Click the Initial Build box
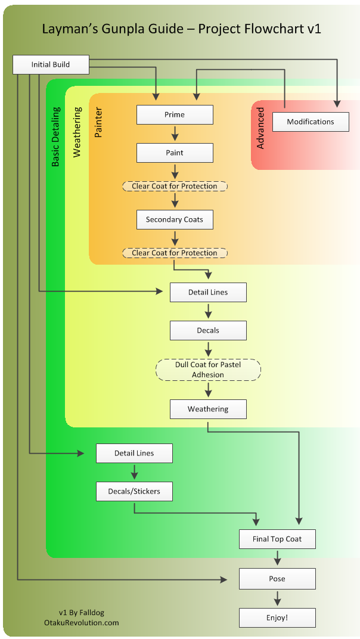click(x=51, y=64)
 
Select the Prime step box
click(x=175, y=114)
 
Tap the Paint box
click(x=175, y=153)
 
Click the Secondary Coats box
click(x=175, y=219)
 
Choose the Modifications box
click(x=311, y=122)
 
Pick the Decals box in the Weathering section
click(x=208, y=330)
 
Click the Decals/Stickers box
click(x=134, y=491)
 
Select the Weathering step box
click(x=208, y=409)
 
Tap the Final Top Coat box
click(x=277, y=539)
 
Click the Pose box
click(x=277, y=578)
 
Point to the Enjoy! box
click(x=277, y=618)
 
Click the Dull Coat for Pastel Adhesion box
click(x=208, y=370)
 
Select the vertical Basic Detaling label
click(x=56, y=137)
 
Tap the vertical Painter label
click(x=99, y=123)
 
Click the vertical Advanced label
click(x=260, y=128)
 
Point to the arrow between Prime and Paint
click(x=175, y=134)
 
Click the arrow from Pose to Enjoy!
click(x=277, y=598)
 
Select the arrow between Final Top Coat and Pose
click(x=277, y=558)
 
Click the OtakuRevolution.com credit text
click(x=82, y=622)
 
